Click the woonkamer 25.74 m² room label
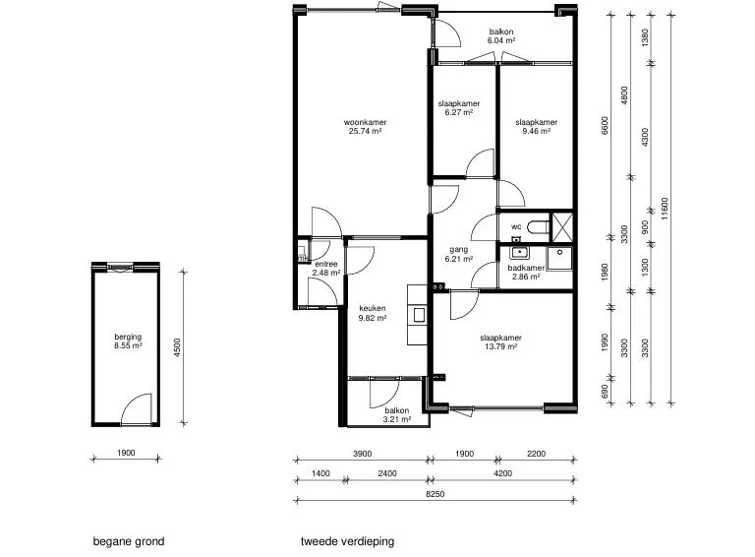[365, 127]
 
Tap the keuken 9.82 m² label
[373, 313]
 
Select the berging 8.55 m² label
[128, 341]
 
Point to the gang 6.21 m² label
[459, 254]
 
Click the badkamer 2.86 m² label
[526, 273]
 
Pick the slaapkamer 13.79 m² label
[500, 342]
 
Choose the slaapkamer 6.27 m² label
[459, 108]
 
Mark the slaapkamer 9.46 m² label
[537, 127]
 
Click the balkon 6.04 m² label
[501, 36]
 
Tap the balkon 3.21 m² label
[397, 415]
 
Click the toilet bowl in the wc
[539, 226]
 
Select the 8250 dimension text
[436, 494]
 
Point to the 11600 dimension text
[665, 209]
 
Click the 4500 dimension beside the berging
[177, 347]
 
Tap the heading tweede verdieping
[347, 541]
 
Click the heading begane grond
[129, 541]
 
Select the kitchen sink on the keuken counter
[419, 315]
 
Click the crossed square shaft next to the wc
[562, 227]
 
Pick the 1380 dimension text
[645, 38]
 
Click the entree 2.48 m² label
[326, 269]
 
